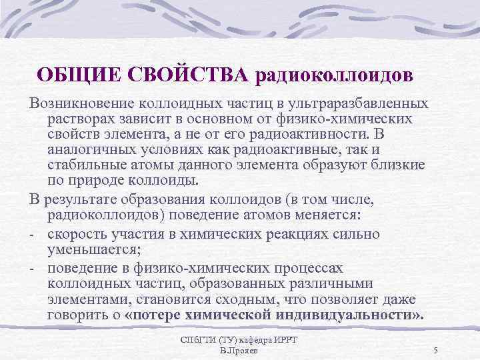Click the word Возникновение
pyautogui.click(x=80, y=104)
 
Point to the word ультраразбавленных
pyautogui.click(x=366, y=104)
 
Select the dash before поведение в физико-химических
pyautogui.click(x=32, y=268)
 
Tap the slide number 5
pyautogui.click(x=435, y=350)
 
